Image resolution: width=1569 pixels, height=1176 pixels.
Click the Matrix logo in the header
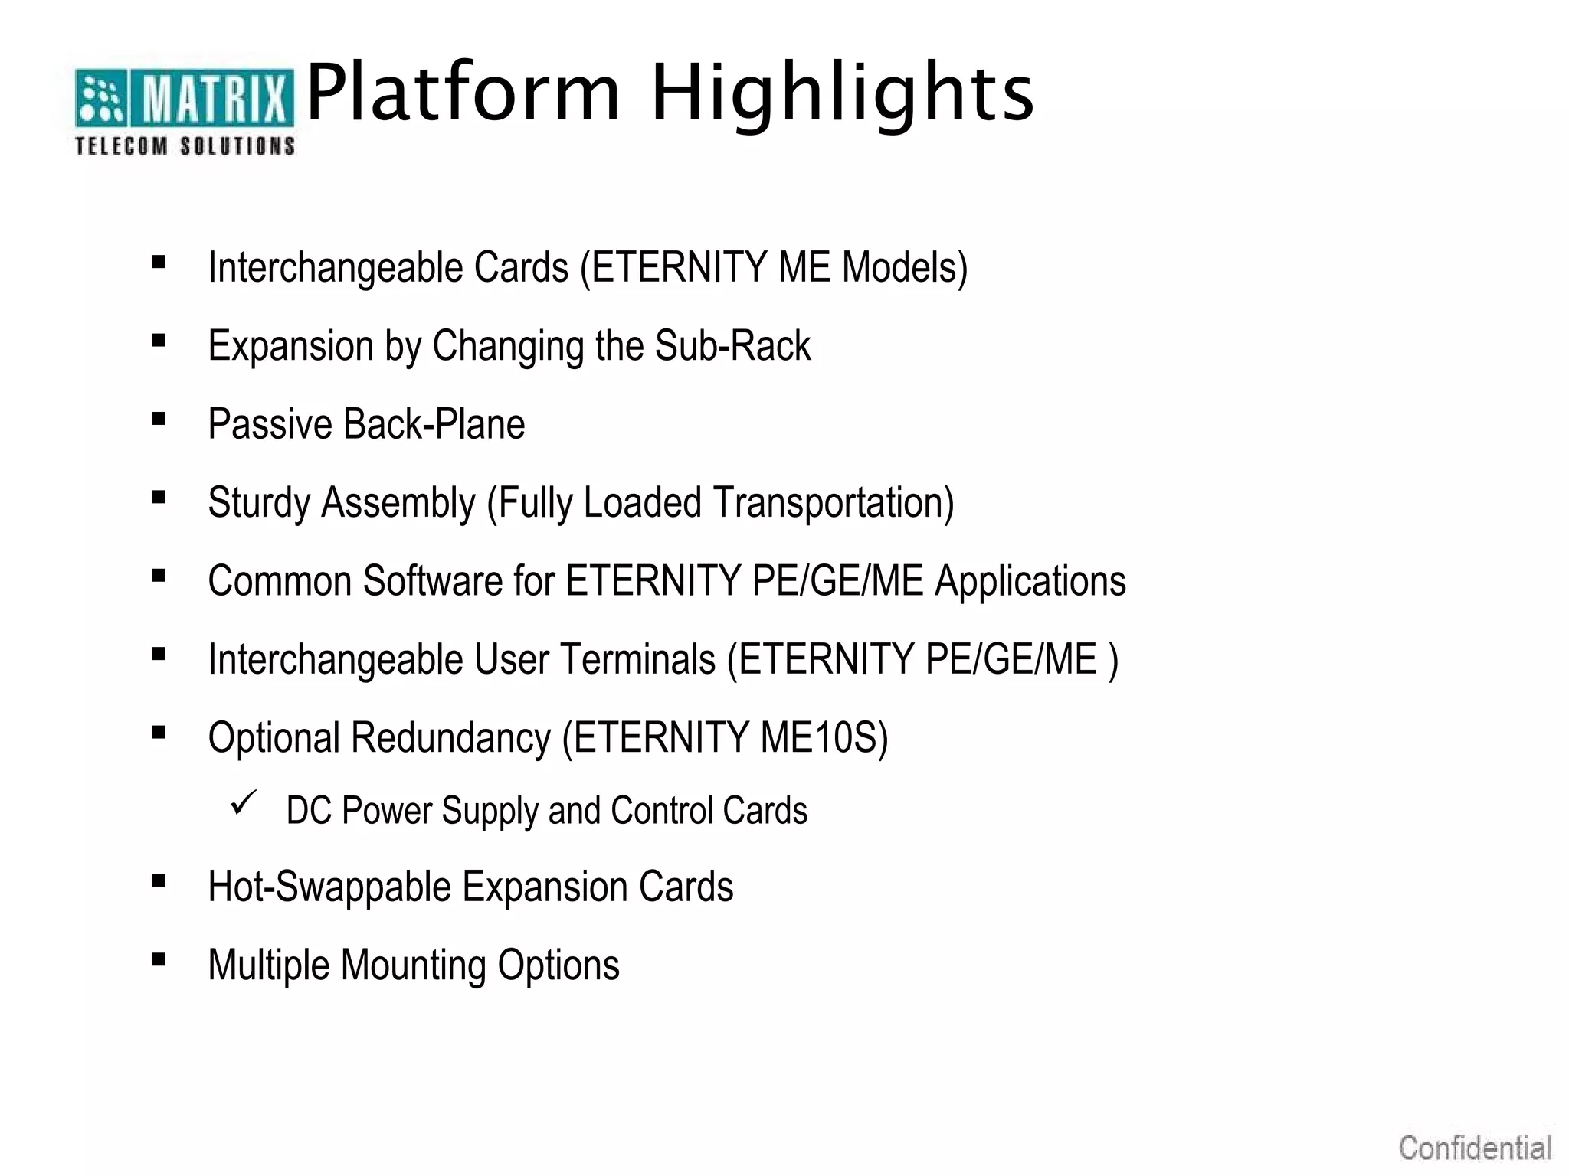pyautogui.click(x=184, y=98)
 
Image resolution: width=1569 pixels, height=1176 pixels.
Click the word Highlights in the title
pyautogui.click(x=843, y=93)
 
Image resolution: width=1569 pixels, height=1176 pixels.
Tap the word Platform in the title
pyautogui.click(x=463, y=93)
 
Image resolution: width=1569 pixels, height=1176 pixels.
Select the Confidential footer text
pyautogui.click(x=1475, y=1148)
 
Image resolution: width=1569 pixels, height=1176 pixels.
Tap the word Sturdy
pyautogui.click(x=258, y=504)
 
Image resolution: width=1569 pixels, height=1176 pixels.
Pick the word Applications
pyautogui.click(x=1030, y=582)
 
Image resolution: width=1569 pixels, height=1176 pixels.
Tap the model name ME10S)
pyautogui.click(x=824, y=738)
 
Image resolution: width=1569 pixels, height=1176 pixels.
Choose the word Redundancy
pyautogui.click(x=450, y=738)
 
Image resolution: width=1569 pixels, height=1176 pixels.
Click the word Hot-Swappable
pyautogui.click(x=329, y=887)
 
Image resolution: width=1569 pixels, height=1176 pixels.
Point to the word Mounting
pyautogui.click(x=413, y=965)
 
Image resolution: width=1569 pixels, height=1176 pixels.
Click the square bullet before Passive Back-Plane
pyautogui.click(x=159, y=419)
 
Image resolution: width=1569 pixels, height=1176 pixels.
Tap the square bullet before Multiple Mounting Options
pyautogui.click(x=159, y=959)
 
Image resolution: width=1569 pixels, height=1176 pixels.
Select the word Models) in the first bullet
pyautogui.click(x=905, y=268)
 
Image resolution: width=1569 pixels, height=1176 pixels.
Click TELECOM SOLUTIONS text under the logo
pyautogui.click(x=184, y=145)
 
